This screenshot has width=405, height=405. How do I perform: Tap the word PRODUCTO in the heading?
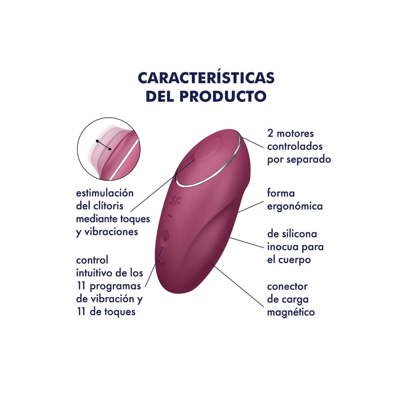tap(223, 96)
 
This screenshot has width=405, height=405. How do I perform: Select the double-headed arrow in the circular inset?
tap(104, 145)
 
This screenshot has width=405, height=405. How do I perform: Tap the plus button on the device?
tap(165, 239)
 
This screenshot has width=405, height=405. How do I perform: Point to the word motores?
tap(295, 134)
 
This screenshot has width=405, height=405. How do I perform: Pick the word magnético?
tap(291, 313)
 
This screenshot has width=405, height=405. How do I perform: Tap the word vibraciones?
tap(111, 232)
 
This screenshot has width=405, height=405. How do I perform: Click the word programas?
tap(115, 287)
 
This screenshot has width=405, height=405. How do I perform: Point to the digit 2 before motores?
tap(270, 134)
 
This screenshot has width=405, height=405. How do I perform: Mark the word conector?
tap(287, 287)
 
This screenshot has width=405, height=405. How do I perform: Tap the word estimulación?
tap(105, 193)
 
